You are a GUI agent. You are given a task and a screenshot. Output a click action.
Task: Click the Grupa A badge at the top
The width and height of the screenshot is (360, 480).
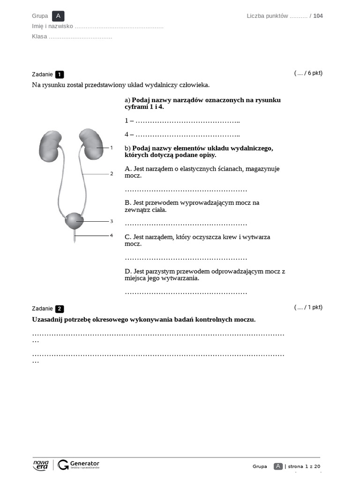[x=58, y=16]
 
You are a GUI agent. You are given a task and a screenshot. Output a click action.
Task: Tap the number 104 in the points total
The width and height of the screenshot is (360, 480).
[x=318, y=16]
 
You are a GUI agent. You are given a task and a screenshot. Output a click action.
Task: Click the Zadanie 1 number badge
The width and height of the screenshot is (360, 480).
[x=60, y=75]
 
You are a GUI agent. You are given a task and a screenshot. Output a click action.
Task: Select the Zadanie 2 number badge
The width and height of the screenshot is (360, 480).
[x=60, y=309]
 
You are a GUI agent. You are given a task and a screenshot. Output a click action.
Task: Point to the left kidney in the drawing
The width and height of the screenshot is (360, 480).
[x=50, y=145]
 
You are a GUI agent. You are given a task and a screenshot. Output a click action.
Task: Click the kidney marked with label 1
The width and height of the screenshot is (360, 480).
[x=90, y=142]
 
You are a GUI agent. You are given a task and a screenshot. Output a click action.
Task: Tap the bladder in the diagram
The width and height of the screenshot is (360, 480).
[x=74, y=220]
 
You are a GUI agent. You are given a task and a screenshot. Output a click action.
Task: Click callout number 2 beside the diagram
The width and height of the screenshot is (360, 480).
[x=112, y=174]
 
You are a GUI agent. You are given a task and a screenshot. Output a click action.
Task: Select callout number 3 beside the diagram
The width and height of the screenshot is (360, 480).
[x=112, y=221]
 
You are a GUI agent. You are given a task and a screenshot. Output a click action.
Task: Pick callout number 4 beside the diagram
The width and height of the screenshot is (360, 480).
[x=112, y=235]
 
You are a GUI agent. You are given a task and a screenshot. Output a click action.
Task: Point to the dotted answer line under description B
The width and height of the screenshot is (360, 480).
[x=186, y=224]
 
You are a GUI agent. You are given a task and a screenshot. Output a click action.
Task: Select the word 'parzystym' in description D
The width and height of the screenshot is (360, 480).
[x=159, y=271]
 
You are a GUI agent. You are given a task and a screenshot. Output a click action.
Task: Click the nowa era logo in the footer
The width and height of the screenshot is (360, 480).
[x=41, y=465]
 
